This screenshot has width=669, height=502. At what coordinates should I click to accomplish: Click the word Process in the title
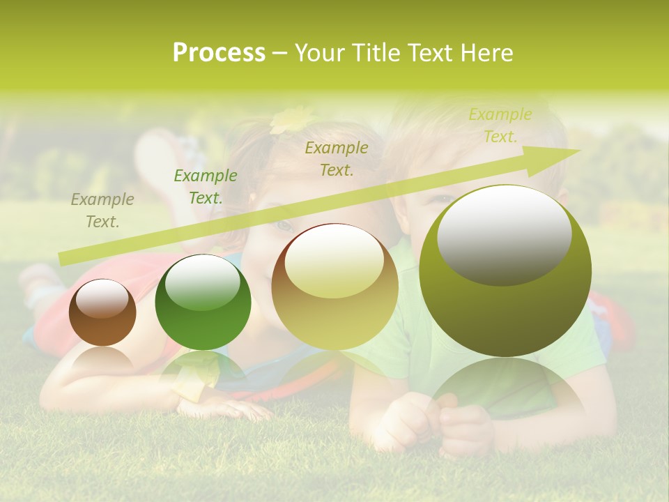click(219, 53)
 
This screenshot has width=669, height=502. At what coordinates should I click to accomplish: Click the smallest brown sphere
click(102, 312)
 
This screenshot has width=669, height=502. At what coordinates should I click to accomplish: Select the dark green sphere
click(203, 302)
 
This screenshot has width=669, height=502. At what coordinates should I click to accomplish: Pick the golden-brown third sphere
click(334, 287)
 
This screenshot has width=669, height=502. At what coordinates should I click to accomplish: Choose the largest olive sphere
click(505, 271)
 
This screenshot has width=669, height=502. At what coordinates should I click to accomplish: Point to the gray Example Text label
click(102, 211)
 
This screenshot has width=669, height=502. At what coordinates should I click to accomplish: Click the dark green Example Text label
click(205, 187)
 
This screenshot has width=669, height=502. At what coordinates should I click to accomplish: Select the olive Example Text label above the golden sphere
click(337, 159)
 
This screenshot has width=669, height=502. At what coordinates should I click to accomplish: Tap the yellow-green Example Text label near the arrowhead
click(500, 125)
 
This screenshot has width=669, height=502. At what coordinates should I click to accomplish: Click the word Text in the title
click(429, 53)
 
